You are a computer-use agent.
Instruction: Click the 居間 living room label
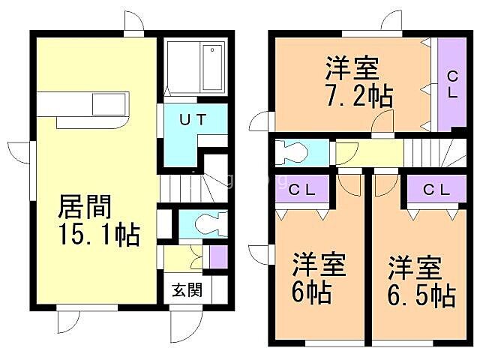pyautogui.click(x=85, y=205)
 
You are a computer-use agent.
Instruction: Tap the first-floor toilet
pyautogui.click(x=204, y=223)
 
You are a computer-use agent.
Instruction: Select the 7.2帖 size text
pyautogui.click(x=350, y=97)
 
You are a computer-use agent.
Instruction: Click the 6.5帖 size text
pyautogui.click(x=421, y=295)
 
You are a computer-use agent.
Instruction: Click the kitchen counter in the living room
pyautogui.click(x=84, y=103)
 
